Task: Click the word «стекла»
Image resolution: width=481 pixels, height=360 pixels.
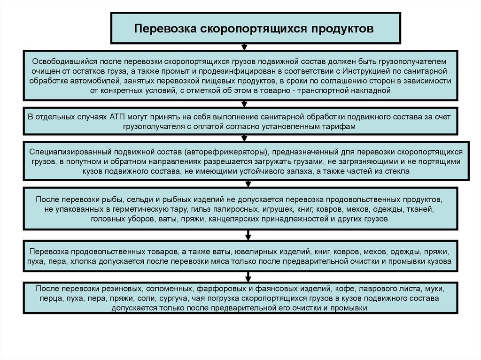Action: click(398, 172)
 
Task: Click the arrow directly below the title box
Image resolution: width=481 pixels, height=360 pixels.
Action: click(244, 47)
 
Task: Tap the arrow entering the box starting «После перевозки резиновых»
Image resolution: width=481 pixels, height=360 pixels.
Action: click(244, 278)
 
